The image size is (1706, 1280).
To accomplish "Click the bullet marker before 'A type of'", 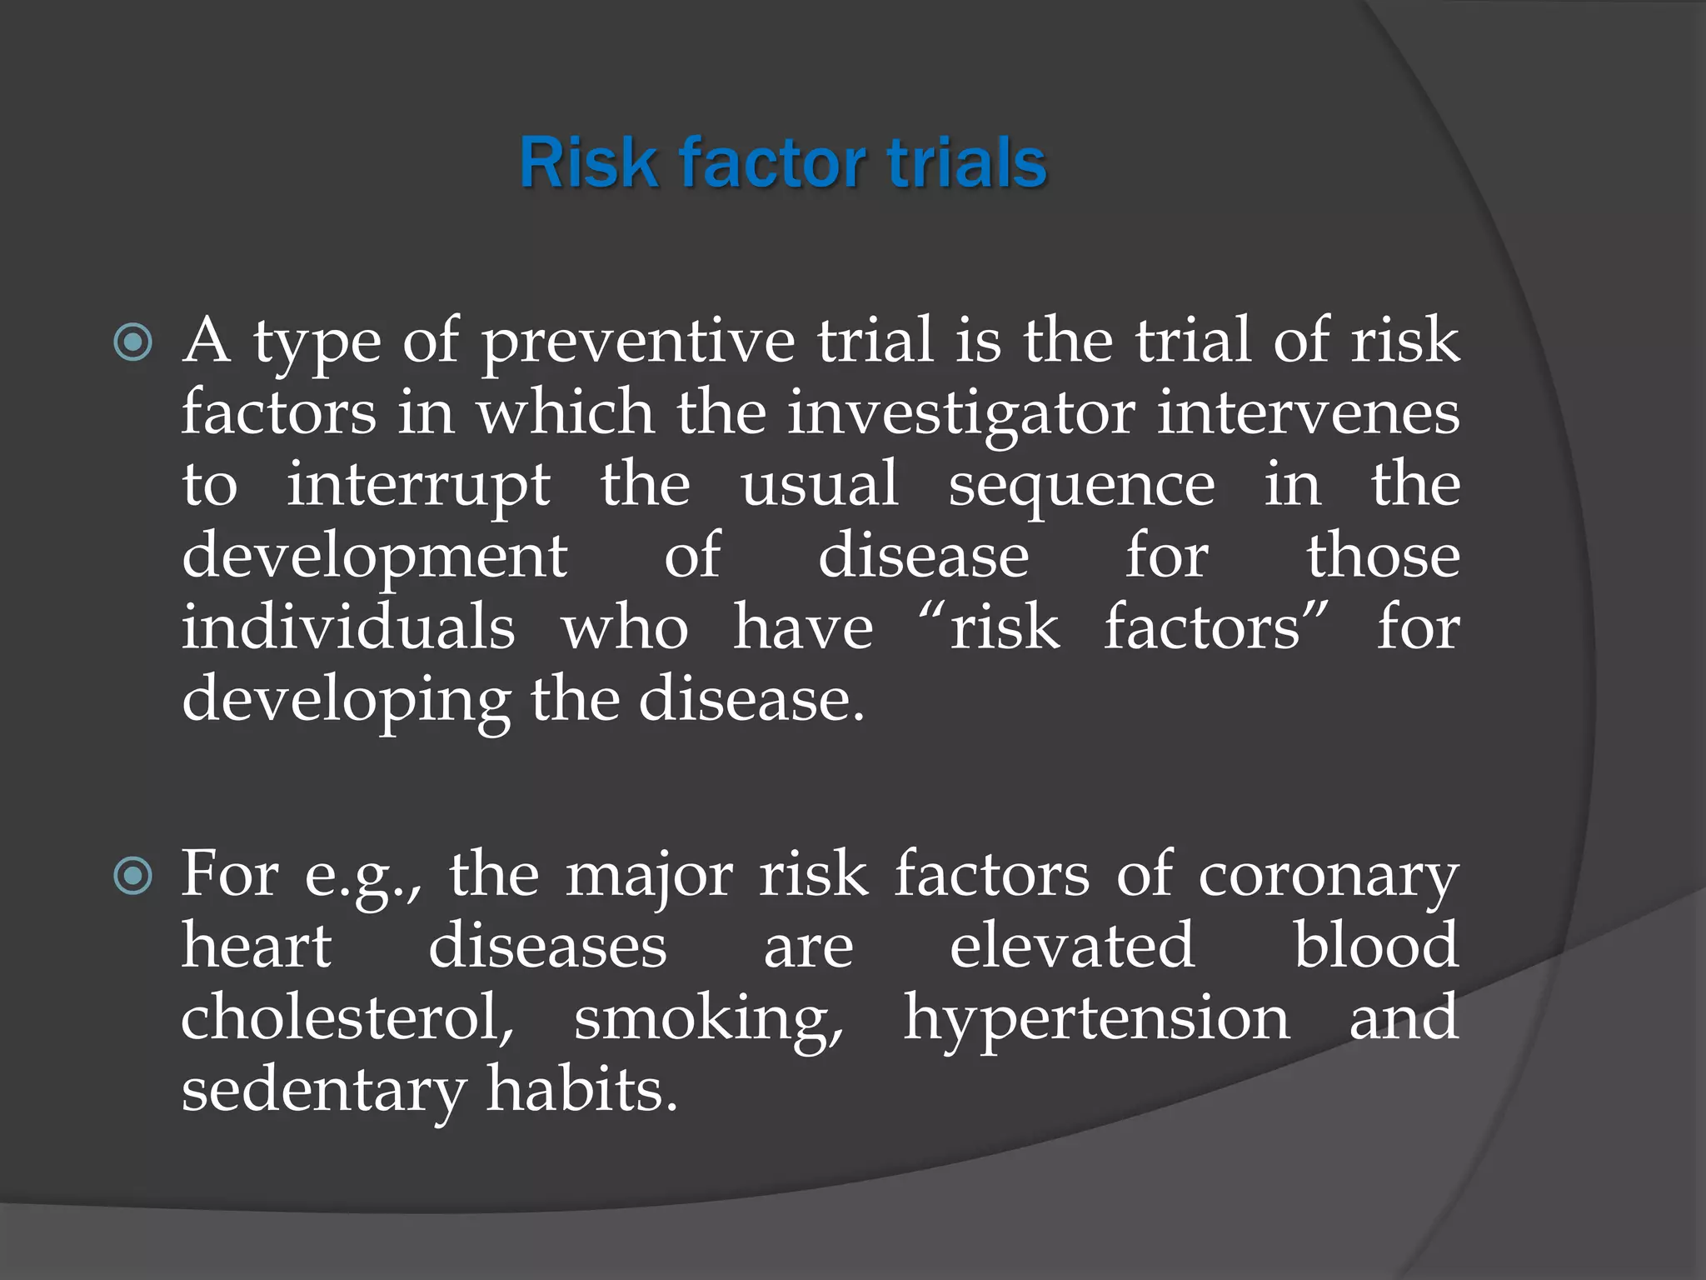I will click(x=133, y=342).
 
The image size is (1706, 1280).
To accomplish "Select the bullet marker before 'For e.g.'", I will click(x=133, y=876).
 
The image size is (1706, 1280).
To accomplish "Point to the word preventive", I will click(x=638, y=342).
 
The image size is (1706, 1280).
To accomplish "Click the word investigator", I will click(x=961, y=414).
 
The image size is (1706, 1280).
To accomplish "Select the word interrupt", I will click(x=418, y=486).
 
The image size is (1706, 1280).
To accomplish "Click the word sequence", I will click(x=1081, y=486).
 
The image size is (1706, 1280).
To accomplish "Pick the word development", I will click(x=375, y=557).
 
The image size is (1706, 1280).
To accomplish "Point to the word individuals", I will click(x=348, y=627).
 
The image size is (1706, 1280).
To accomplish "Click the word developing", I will click(x=346, y=701).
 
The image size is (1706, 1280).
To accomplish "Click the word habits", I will click(x=581, y=1091).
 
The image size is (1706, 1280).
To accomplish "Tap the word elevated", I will click(x=1072, y=947).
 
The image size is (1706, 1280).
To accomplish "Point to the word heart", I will click(x=257, y=947).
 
